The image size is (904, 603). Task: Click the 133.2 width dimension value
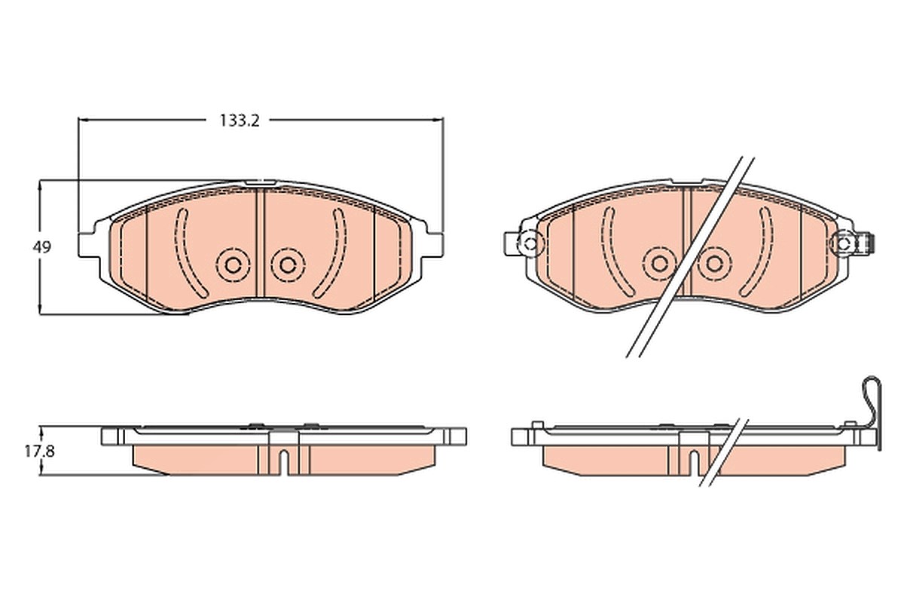pyautogui.click(x=240, y=121)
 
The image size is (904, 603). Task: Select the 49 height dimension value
pyautogui.click(x=42, y=247)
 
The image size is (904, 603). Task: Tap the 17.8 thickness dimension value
pyautogui.click(x=39, y=451)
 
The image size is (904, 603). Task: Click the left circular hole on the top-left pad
pyautogui.click(x=233, y=265)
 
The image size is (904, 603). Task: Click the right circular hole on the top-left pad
pyautogui.click(x=288, y=265)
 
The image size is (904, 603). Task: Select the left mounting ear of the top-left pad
pyautogui.click(x=89, y=245)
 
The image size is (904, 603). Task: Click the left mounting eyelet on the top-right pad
pyautogui.click(x=530, y=243)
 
